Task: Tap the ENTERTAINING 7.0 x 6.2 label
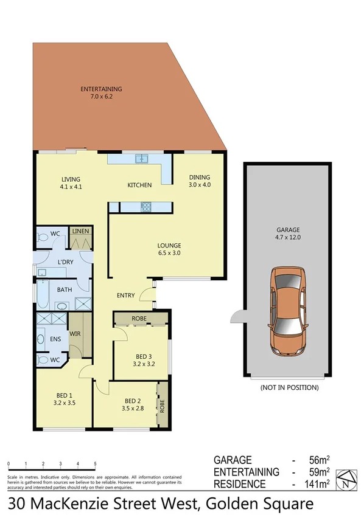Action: [101, 93]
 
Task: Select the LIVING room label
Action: [71, 183]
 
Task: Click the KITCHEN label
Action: [139, 185]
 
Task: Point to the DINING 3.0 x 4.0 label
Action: [199, 181]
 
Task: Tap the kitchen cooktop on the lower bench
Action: [146, 207]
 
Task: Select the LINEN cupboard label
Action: [80, 232]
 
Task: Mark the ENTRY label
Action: [125, 296]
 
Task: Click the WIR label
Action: [75, 334]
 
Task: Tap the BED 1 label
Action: [64, 398]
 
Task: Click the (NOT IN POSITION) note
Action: [289, 387]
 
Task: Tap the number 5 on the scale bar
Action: [95, 464]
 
